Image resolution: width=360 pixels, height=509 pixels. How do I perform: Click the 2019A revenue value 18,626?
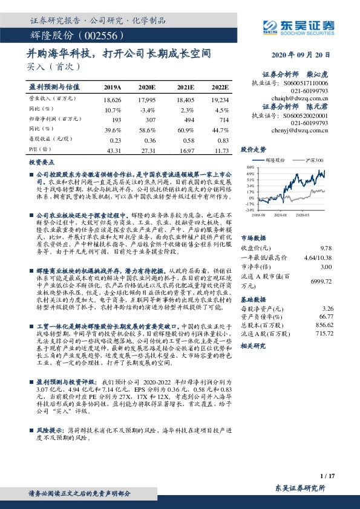pos(113,99)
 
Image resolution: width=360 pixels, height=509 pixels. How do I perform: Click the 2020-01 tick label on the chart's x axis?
pos(281,214)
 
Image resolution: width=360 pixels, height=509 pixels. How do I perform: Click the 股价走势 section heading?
pos(254,148)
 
